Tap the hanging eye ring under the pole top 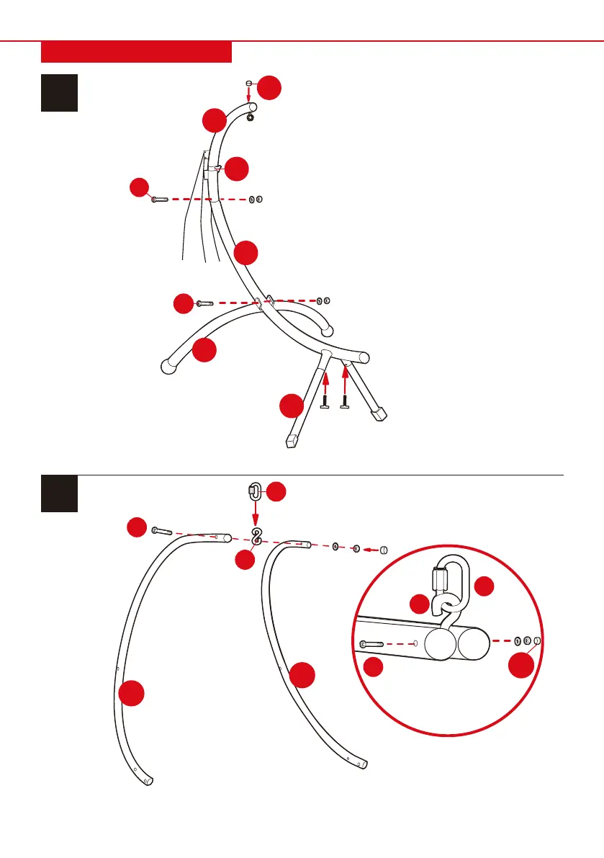coord(251,117)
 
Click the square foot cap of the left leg coord(292,439)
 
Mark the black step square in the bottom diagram coord(59,493)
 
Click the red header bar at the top coord(136,52)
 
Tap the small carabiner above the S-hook coord(254,492)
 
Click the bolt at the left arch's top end coord(161,532)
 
